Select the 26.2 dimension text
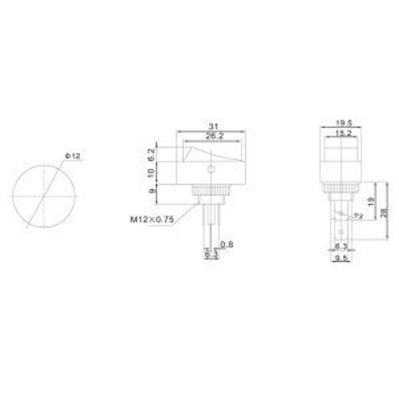pyautogui.click(x=211, y=136)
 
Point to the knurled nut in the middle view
pyautogui.click(x=210, y=190)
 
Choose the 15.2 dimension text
pyautogui.click(x=343, y=133)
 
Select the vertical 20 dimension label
pyautogui.click(x=384, y=212)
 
